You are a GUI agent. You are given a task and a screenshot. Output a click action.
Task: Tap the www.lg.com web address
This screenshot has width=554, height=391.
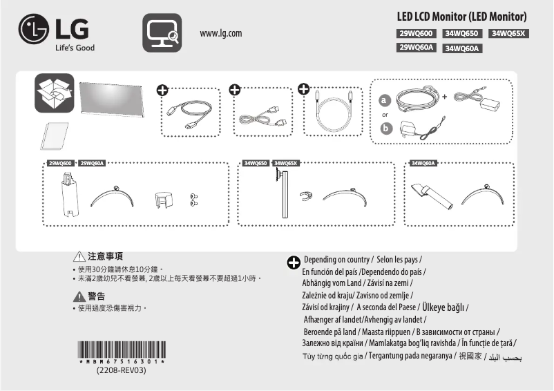pos(220,34)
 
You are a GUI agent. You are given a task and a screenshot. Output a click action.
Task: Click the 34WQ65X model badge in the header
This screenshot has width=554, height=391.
pos(508,33)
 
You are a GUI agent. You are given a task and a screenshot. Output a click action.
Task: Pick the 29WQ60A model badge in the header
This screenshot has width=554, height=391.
pos(415,48)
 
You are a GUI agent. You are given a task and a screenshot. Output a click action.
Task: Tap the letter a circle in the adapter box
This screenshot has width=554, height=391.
pos(386,101)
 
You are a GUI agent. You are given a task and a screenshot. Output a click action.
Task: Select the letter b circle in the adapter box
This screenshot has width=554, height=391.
pos(386,128)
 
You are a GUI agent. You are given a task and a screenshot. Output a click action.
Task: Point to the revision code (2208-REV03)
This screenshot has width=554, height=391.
pos(122,370)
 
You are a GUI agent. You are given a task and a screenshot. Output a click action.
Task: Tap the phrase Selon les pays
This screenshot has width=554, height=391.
pos(400,259)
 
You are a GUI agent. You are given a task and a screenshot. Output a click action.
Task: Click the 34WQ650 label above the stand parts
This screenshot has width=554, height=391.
pos(256,164)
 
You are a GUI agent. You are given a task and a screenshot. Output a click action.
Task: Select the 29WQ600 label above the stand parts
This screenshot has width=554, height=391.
pos(60,164)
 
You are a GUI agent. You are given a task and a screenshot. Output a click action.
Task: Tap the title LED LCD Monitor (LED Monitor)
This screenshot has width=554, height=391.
pos(462,17)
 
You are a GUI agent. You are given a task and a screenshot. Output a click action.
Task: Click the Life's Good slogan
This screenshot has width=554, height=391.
pos(75,48)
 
